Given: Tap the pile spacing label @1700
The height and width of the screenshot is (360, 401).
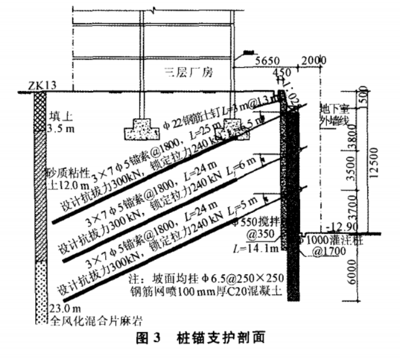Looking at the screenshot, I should click(x=330, y=252).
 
